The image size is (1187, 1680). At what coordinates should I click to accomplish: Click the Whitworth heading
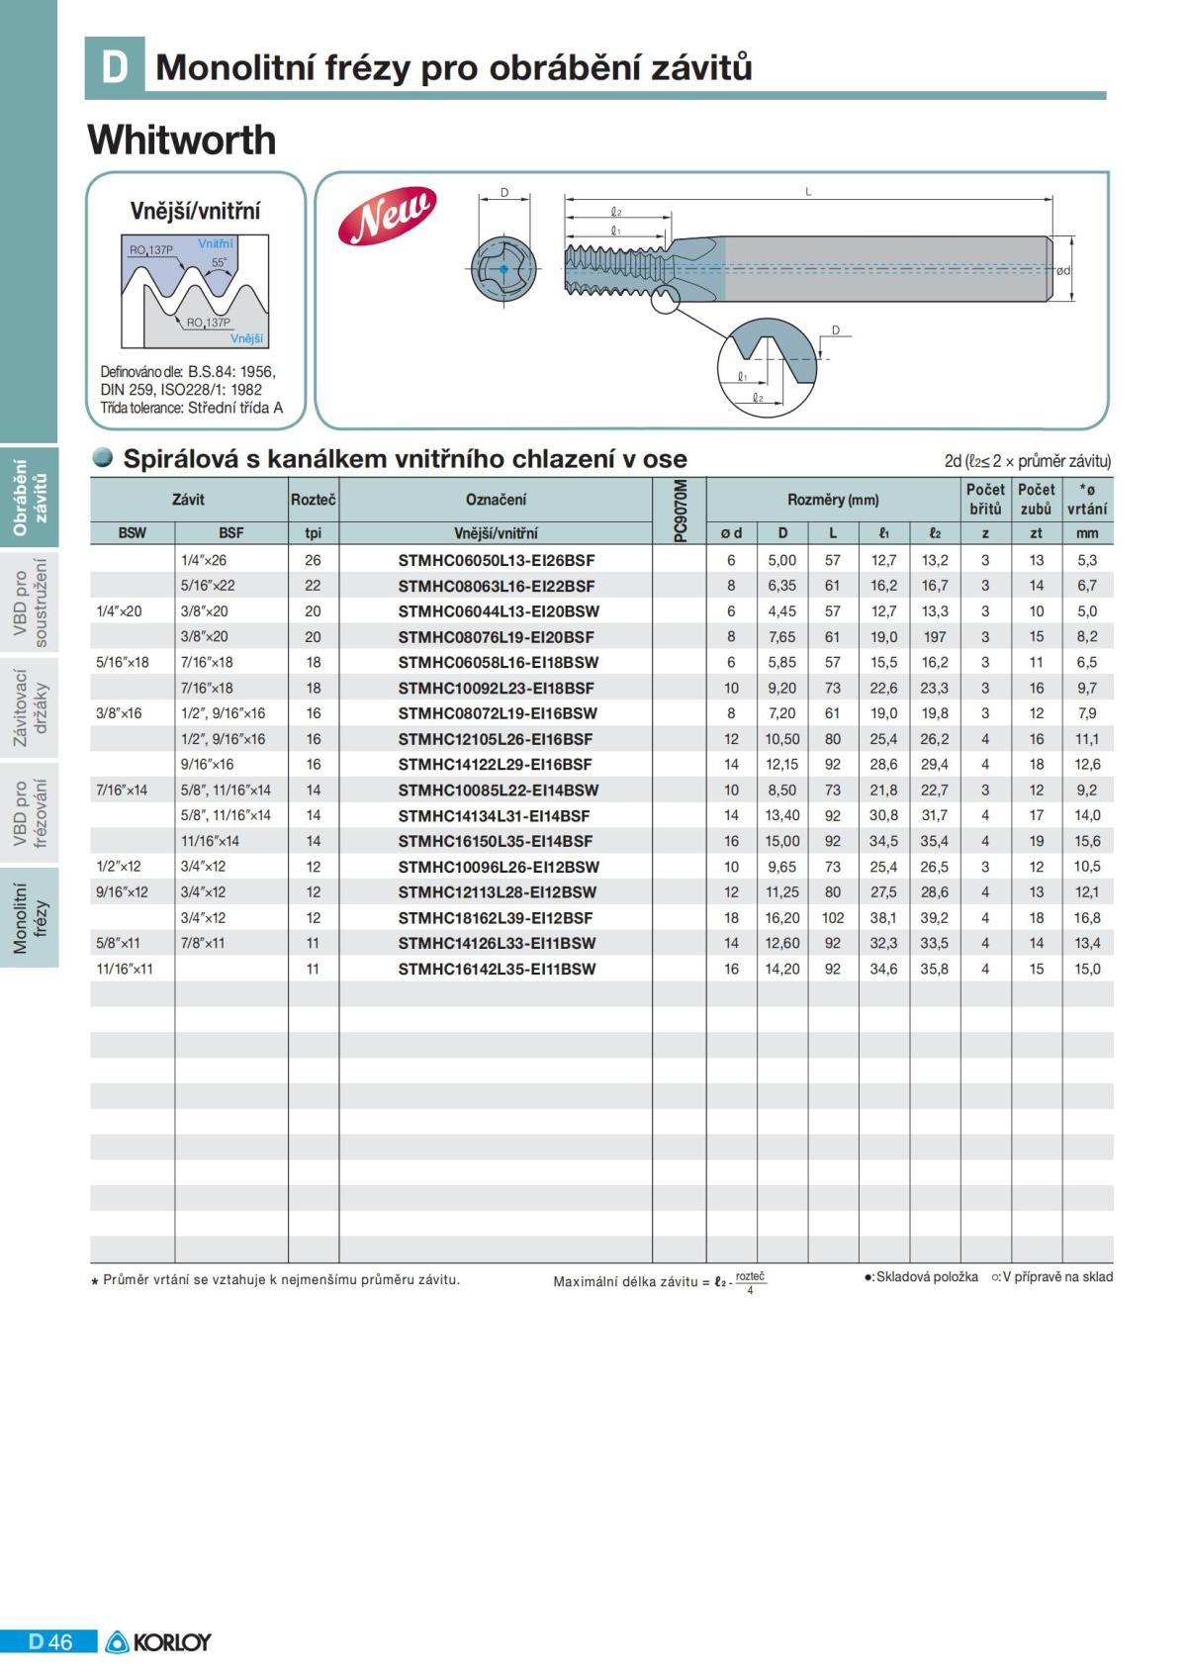(182, 140)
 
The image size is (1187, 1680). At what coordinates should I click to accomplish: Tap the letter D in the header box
(115, 66)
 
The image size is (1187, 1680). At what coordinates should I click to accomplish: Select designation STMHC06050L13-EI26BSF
(496, 560)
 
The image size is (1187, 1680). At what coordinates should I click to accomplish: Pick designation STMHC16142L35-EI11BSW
(497, 969)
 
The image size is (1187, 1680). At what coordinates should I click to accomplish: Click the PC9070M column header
(679, 510)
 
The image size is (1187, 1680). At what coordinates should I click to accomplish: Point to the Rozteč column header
(313, 500)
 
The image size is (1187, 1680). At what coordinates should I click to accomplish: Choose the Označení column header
(496, 500)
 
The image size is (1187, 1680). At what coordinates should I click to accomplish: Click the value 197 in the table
(934, 637)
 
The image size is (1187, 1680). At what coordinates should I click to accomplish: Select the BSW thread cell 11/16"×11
(125, 969)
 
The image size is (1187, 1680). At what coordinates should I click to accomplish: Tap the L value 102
(833, 917)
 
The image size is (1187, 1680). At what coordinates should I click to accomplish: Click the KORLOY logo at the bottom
(158, 1641)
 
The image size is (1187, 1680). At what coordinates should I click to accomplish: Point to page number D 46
(50, 1641)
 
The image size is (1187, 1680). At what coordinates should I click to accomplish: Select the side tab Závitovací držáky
(29, 708)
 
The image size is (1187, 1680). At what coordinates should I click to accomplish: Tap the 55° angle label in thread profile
(219, 263)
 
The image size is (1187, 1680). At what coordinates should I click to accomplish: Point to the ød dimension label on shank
(1062, 270)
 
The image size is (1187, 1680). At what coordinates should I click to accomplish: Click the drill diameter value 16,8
(1086, 917)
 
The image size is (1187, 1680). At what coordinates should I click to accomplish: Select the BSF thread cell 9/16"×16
(208, 764)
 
